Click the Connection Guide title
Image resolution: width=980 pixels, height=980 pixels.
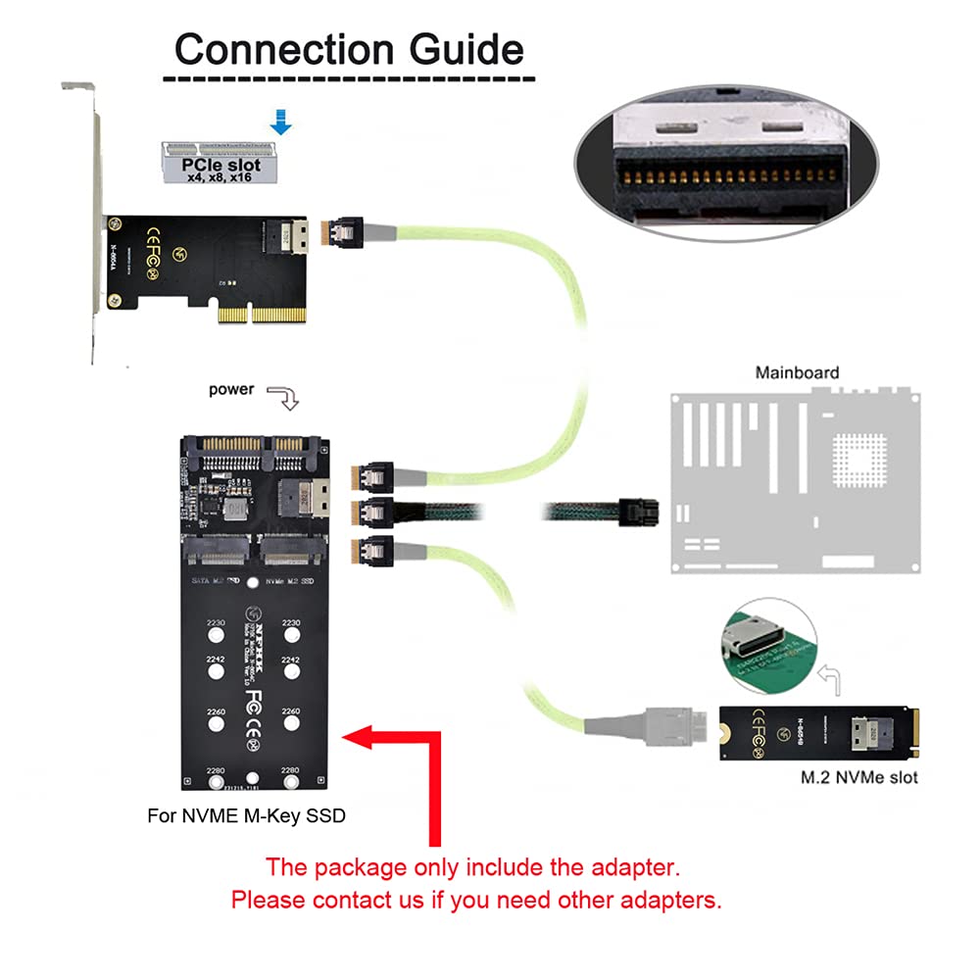click(x=349, y=48)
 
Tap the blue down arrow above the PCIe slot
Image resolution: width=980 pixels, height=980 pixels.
click(x=281, y=122)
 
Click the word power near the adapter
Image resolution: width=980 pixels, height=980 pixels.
click(x=231, y=390)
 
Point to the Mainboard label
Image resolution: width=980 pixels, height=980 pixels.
click(x=797, y=372)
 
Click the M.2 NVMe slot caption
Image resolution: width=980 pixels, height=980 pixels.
click(x=858, y=778)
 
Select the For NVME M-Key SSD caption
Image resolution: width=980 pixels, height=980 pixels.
click(x=246, y=814)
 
